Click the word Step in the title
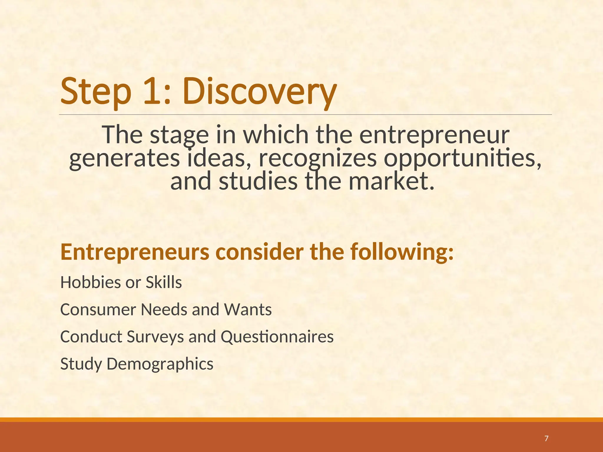(x=96, y=92)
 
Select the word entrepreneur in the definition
(x=434, y=135)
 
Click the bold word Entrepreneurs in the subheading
(x=135, y=252)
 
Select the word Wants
(x=248, y=310)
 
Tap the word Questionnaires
(x=277, y=337)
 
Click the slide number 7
(x=546, y=438)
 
